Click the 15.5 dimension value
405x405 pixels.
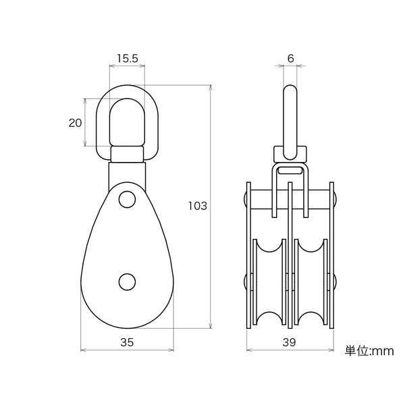coord(128,59)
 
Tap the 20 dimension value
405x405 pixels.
coord(75,123)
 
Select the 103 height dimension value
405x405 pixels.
coord(198,206)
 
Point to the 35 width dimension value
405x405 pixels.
coord(127,342)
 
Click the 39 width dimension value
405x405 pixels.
coord(289,342)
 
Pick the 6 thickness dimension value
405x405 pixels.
coord(290,59)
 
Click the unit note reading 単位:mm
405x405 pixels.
coord(369,351)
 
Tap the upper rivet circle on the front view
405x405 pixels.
coord(127,199)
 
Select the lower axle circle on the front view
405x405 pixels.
coord(127,281)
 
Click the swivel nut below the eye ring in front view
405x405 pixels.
coord(127,154)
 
